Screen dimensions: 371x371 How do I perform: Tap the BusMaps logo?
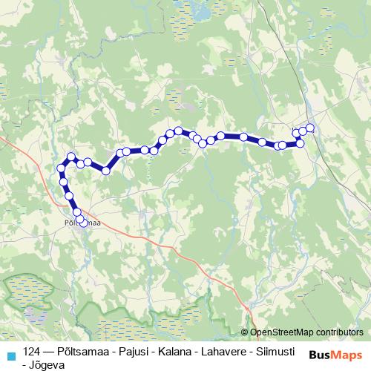[336, 354]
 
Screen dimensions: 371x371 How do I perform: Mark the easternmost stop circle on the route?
[310, 128]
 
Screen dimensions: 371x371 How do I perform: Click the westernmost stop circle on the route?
[61, 168]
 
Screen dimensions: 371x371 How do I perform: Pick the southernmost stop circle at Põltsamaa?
[83, 222]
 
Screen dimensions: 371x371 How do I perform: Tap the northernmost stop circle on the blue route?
[310, 128]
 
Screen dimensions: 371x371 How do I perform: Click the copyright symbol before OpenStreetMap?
[245, 333]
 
